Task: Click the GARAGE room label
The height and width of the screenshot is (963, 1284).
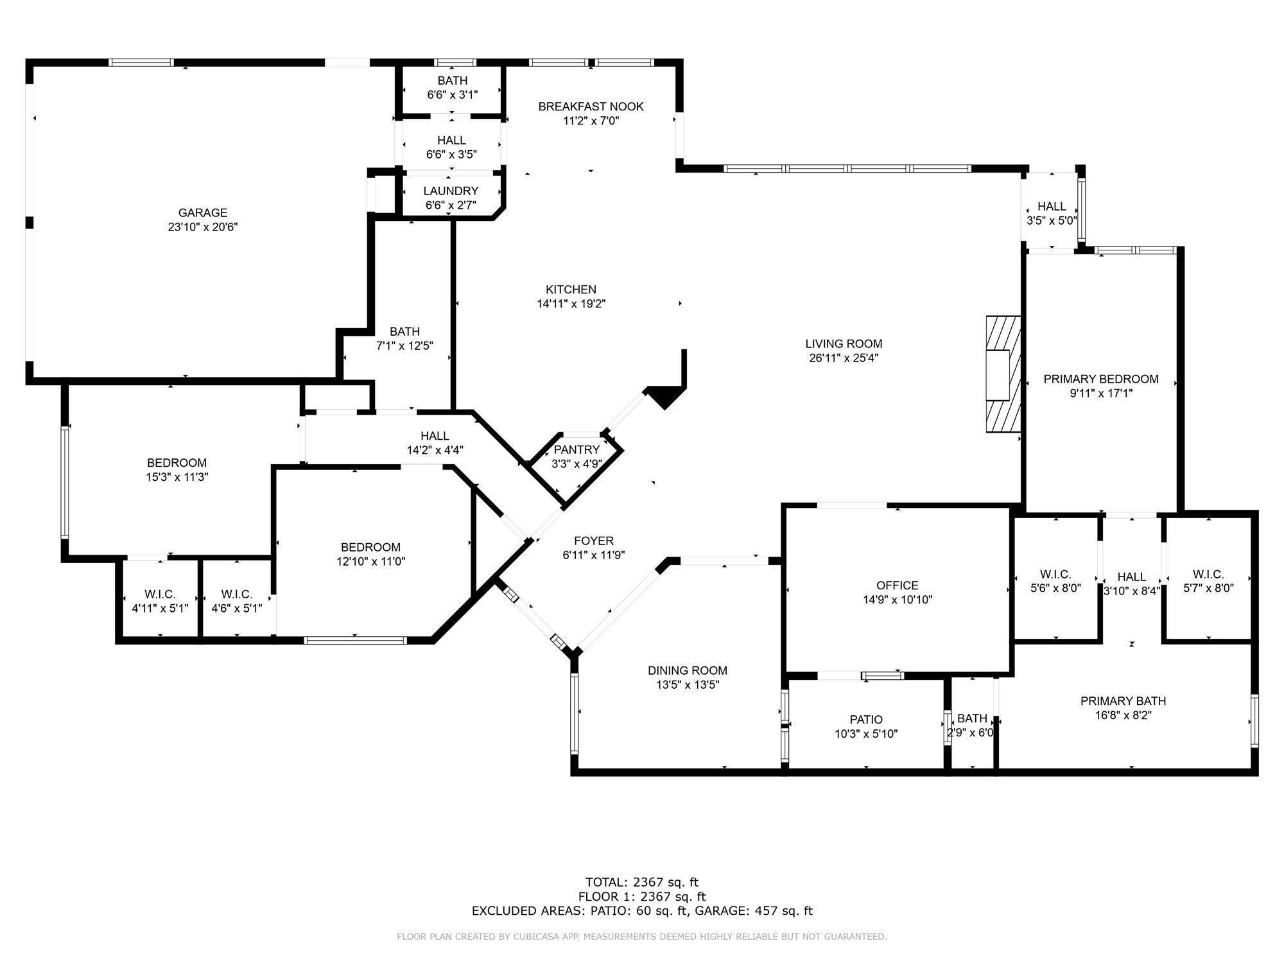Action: pyautogui.click(x=203, y=213)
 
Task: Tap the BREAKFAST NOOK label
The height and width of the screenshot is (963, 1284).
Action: pyautogui.click(x=591, y=107)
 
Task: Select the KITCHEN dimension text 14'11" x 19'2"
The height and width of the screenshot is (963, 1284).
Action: pyautogui.click(x=571, y=304)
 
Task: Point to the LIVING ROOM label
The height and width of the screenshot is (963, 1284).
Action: pyautogui.click(x=844, y=343)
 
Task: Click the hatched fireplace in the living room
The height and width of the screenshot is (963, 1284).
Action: pyautogui.click(x=1003, y=374)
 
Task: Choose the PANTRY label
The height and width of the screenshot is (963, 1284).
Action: pyautogui.click(x=577, y=449)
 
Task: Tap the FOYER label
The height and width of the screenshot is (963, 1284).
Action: pyautogui.click(x=594, y=541)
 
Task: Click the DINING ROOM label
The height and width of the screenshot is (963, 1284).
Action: pyautogui.click(x=687, y=671)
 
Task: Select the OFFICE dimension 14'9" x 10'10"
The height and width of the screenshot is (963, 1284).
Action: pyautogui.click(x=898, y=600)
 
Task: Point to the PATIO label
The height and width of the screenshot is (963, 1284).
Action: pyautogui.click(x=866, y=720)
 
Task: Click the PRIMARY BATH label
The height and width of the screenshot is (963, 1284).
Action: pyautogui.click(x=1123, y=701)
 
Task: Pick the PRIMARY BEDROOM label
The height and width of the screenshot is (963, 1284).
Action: pyautogui.click(x=1100, y=379)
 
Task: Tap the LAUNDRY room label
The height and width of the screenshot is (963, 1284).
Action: pyautogui.click(x=451, y=191)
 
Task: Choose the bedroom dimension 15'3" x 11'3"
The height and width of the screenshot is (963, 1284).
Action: pyautogui.click(x=177, y=477)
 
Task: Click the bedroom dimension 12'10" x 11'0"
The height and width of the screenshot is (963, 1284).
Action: pyautogui.click(x=371, y=562)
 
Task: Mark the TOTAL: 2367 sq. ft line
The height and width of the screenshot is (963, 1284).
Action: pyautogui.click(x=642, y=882)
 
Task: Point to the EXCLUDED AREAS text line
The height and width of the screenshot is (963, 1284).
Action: pyautogui.click(x=642, y=911)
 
